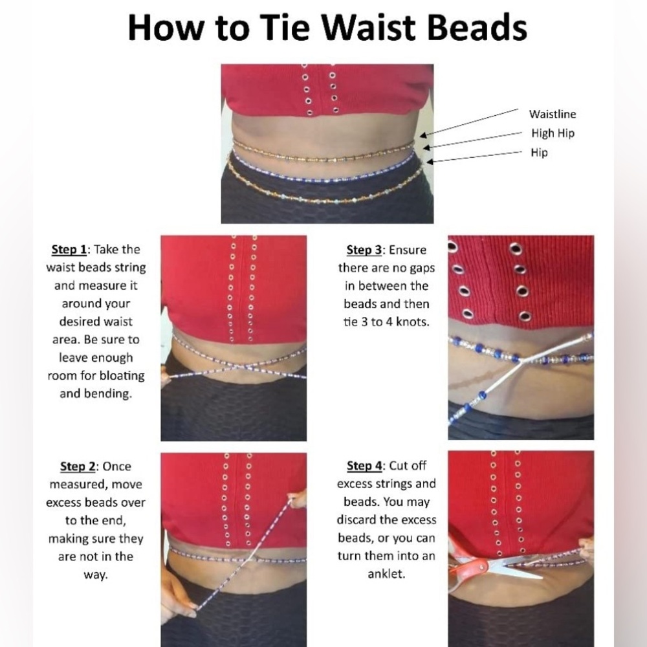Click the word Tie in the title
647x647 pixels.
pyautogui.click(x=284, y=28)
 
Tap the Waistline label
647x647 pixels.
pyautogui.click(x=553, y=114)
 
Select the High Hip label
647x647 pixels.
pyautogui.click(x=553, y=133)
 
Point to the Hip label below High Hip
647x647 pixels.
pyautogui.click(x=539, y=153)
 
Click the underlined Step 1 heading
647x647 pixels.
pyautogui.click(x=69, y=250)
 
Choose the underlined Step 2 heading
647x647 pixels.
pyautogui.click(x=78, y=466)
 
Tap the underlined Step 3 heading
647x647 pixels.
pyautogui.click(x=364, y=250)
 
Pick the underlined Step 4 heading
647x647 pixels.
pyautogui.click(x=365, y=466)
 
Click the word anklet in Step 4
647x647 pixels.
pyautogui.click(x=387, y=574)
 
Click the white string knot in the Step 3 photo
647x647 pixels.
pyautogui.click(x=521, y=360)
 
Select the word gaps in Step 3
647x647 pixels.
pyautogui.click(x=422, y=269)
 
